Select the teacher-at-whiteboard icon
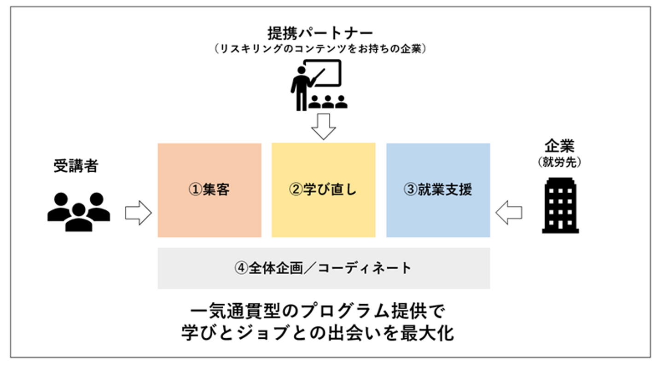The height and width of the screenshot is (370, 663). click(x=318, y=86)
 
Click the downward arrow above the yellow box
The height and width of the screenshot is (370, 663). click(x=324, y=126)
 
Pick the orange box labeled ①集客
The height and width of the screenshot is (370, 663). click(x=209, y=190)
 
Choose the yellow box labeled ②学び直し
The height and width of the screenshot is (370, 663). click(x=323, y=190)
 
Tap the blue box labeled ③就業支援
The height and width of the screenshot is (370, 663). click(x=438, y=190)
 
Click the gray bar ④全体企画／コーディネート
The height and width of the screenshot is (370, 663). click(x=324, y=268)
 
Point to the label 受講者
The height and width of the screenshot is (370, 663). click(x=76, y=166)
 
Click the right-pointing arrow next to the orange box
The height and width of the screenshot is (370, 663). click(x=138, y=213)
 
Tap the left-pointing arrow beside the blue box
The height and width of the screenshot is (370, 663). click(x=509, y=213)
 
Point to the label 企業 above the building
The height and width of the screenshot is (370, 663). click(x=559, y=147)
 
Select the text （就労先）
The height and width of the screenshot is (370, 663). click(x=559, y=163)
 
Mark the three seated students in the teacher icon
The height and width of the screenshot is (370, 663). click(x=328, y=102)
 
